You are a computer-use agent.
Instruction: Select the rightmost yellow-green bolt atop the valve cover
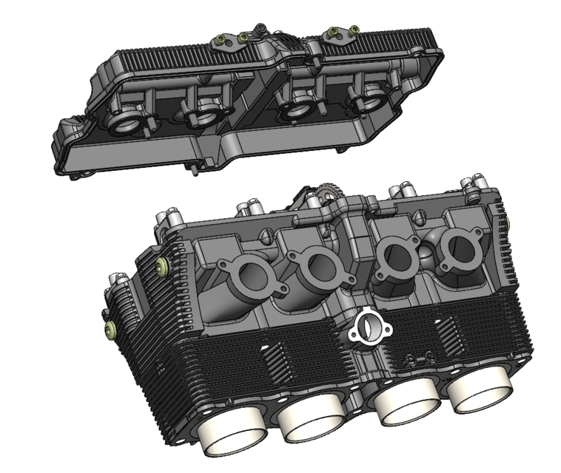(x=353, y=30)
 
